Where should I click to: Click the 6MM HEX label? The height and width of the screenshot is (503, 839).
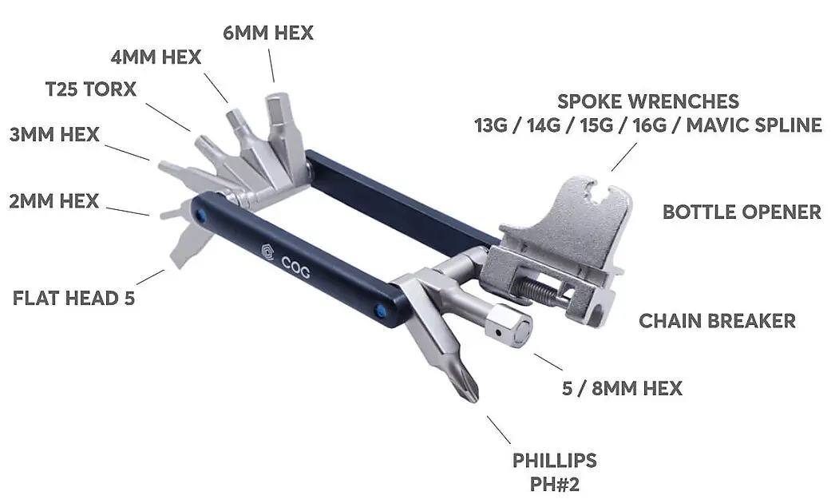point(267,33)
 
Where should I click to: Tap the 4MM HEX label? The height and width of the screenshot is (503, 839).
point(156,57)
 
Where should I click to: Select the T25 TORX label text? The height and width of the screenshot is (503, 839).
point(90,89)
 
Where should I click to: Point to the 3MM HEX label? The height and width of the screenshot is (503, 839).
point(54,134)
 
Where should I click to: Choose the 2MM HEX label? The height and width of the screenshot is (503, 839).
point(54,201)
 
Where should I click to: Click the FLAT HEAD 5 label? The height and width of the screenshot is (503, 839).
point(73,298)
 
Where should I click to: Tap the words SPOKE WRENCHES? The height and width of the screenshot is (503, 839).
point(648,101)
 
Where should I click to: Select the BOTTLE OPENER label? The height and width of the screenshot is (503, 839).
point(742,212)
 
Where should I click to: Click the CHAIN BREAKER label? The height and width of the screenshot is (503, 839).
point(717,321)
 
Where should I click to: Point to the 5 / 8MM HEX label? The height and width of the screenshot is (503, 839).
point(623,389)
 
